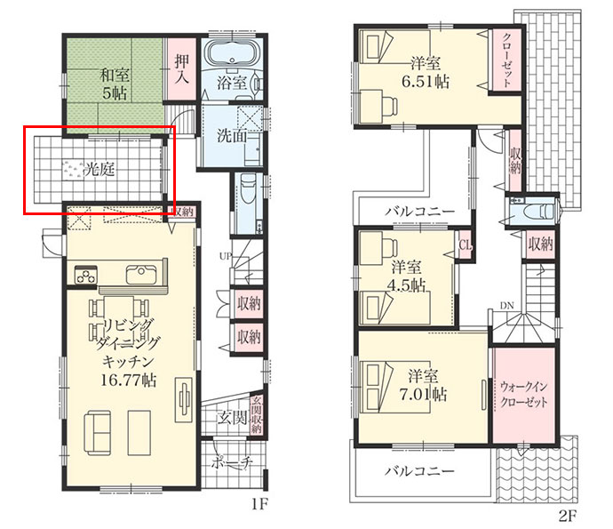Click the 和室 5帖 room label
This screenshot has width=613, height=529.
pyautogui.click(x=115, y=84)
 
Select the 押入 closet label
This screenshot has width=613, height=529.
pyautogui.click(x=182, y=69)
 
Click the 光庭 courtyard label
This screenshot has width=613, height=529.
pyautogui.click(x=100, y=170)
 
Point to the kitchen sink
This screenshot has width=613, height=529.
pyautogui.click(x=141, y=275)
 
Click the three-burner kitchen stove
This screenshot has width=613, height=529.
pyautogui.click(x=86, y=275)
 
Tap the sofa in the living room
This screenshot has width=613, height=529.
pyautogui.click(x=98, y=432)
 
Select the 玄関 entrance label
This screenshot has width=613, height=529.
pyautogui.click(x=232, y=418)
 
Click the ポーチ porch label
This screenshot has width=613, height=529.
pyautogui.click(x=232, y=463)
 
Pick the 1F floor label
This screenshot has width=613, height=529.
pyautogui.click(x=259, y=505)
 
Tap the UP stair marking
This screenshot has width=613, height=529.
pyautogui.click(x=226, y=256)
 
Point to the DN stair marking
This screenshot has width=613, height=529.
pyautogui.click(x=506, y=306)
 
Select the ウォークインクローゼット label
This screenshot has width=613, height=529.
pyautogui.click(x=524, y=395)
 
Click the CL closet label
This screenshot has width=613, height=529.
pyautogui.click(x=466, y=245)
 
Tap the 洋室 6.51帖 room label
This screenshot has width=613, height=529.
pyautogui.click(x=426, y=73)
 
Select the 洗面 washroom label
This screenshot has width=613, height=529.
pyautogui.click(x=232, y=136)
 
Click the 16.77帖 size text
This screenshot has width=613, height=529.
pyautogui.click(x=129, y=380)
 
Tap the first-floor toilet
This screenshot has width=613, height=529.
pyautogui.click(x=248, y=189)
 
